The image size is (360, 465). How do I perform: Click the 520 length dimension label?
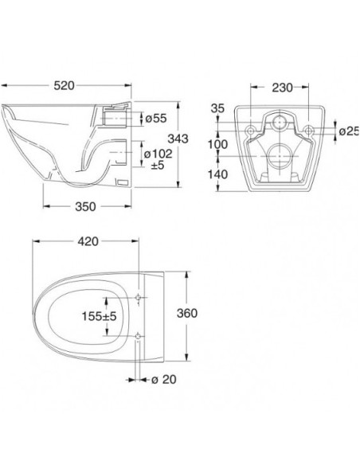(x=64, y=86)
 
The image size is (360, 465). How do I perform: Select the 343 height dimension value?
(x=178, y=139)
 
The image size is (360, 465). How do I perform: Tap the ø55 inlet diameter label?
(x=156, y=119)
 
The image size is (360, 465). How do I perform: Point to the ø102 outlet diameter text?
(x=158, y=154)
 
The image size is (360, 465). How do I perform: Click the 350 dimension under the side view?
(x=85, y=206)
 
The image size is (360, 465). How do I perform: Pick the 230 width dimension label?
(x=282, y=88)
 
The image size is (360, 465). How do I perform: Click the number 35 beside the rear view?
(x=217, y=108)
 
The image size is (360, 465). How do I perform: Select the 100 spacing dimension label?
(x=217, y=144)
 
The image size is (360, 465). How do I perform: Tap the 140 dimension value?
(x=217, y=174)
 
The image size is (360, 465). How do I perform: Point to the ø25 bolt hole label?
(x=349, y=131)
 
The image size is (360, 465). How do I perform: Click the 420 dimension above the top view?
(x=88, y=241)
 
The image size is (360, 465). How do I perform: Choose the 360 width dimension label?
(x=187, y=313)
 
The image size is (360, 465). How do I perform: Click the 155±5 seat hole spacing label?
(x=99, y=316)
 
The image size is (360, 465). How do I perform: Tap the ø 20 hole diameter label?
(x=164, y=379)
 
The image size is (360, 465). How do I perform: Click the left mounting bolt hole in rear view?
(x=251, y=131)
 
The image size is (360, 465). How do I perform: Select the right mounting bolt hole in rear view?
(x=309, y=130)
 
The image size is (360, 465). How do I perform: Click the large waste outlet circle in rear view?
(x=280, y=156)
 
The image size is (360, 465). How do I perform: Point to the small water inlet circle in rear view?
(x=280, y=121)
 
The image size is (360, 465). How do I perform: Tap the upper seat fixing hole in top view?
(x=139, y=297)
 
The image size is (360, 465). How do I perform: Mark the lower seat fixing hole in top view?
(x=138, y=336)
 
